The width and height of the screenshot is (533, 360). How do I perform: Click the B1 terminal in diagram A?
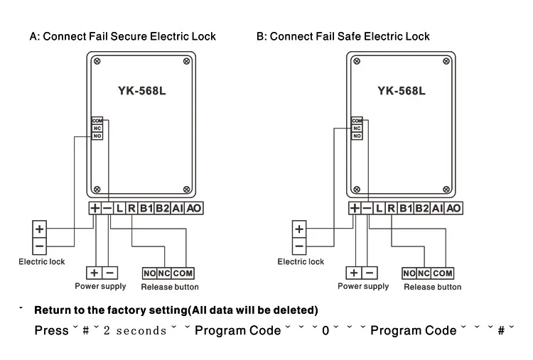(146, 208)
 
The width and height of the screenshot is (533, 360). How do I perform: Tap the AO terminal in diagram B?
(453, 208)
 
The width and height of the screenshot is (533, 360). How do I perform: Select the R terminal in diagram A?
(132, 208)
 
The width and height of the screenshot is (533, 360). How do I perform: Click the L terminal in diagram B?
(379, 208)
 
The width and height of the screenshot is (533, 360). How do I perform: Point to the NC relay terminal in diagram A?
(97, 129)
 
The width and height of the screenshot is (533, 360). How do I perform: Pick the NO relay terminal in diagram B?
(357, 136)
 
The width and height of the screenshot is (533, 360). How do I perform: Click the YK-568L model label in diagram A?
(141, 91)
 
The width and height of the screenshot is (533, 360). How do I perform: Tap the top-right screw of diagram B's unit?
(446, 61)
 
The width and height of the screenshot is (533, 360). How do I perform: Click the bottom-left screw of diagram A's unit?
(97, 189)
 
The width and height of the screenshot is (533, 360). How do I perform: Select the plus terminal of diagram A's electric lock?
(39, 229)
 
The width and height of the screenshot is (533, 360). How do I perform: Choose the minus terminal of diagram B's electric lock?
(299, 246)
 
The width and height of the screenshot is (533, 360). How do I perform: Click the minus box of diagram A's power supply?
(109, 273)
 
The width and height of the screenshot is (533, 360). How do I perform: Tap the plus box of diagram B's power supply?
(354, 273)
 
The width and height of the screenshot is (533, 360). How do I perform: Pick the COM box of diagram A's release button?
(183, 273)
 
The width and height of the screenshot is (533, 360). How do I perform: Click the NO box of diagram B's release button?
(409, 273)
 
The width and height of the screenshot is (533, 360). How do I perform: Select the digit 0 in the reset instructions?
(325, 330)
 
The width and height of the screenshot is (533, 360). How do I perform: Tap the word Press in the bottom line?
(51, 330)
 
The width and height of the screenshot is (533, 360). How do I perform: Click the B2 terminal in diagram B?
(422, 208)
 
